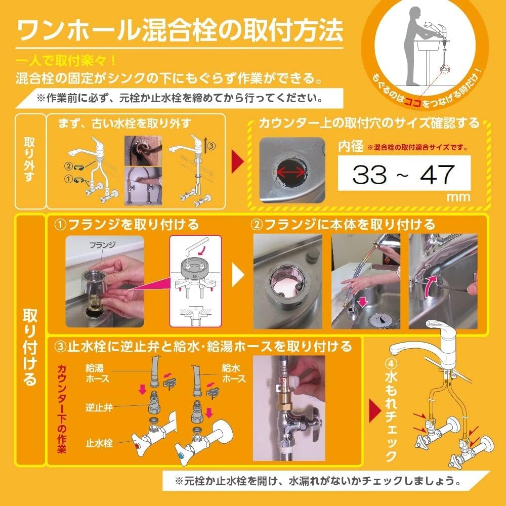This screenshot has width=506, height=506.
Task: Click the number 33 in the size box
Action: tap(370, 175)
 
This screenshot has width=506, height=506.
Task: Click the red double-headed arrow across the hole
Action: tap(291, 172)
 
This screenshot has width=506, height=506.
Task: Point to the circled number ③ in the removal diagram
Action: tap(212, 145)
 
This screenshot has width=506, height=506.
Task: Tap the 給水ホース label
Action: tap(234, 373)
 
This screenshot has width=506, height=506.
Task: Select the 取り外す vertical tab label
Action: tap(29, 161)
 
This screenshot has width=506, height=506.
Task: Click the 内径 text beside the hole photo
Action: tap(351, 147)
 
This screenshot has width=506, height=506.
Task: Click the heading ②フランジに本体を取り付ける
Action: tap(343, 223)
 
